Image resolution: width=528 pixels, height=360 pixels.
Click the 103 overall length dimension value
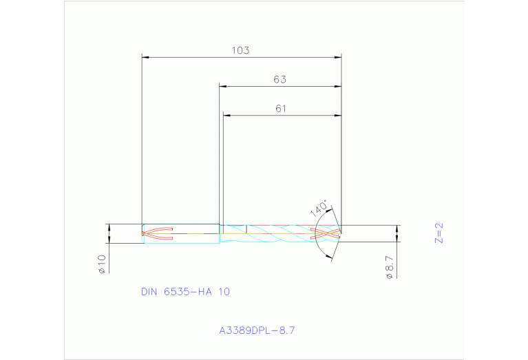coord(240,50)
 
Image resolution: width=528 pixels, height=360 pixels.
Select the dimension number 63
coord(279,79)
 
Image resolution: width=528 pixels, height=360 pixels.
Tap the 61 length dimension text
coord(281,108)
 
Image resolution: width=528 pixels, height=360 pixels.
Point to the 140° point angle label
coord(318,209)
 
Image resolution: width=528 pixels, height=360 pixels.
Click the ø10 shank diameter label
coord(101,264)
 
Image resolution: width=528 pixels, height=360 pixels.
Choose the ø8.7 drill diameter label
coord(390,266)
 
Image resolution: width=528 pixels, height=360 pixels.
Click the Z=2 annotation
coord(439,233)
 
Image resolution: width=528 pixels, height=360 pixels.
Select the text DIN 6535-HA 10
coord(185,292)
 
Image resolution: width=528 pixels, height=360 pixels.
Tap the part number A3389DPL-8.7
coord(257,331)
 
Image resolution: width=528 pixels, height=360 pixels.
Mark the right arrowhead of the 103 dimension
coord(338,57)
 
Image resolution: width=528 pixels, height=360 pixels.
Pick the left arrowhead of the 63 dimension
coord(223,86)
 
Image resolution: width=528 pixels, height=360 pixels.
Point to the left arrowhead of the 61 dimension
coord(226,115)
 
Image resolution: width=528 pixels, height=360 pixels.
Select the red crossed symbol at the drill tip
coord(328,233)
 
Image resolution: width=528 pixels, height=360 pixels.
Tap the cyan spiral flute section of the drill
coord(282,233)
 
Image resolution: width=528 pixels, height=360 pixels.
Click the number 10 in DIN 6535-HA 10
coord(224,292)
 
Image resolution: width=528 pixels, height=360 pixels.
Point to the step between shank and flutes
coord(220,233)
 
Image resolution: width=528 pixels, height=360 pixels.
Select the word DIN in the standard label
coord(149,292)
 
